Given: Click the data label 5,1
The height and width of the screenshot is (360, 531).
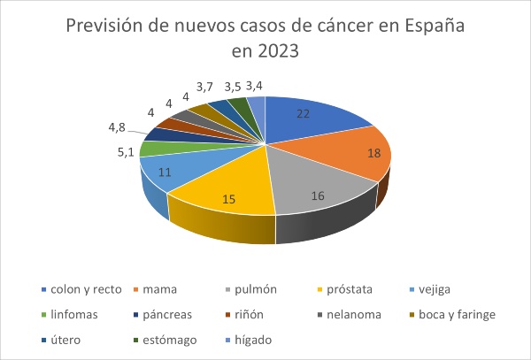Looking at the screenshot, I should point(125,153).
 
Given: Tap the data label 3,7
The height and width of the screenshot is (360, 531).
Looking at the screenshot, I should point(205,87).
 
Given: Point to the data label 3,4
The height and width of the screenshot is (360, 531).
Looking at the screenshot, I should point(255,87).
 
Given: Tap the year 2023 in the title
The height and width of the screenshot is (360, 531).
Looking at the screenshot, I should point(279,50).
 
